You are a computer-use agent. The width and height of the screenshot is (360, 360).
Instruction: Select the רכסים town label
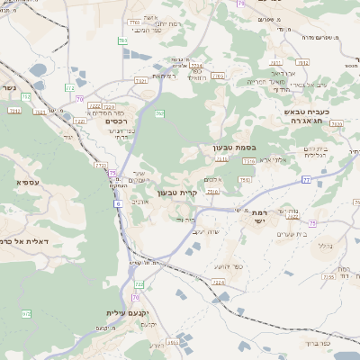coord(116,121)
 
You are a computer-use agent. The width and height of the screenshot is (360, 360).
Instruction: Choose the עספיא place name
coord(25,182)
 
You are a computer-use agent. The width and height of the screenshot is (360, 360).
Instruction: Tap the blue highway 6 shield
coord(117,204)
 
